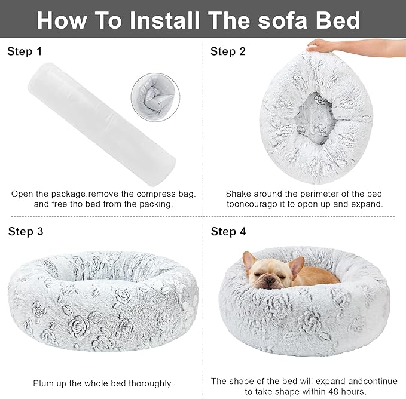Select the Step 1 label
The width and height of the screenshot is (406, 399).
(25, 52)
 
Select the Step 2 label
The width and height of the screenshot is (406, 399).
(228, 52)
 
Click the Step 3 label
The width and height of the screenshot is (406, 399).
(26, 232)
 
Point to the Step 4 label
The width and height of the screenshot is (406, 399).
(228, 232)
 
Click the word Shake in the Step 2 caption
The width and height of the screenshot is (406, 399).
(238, 194)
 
